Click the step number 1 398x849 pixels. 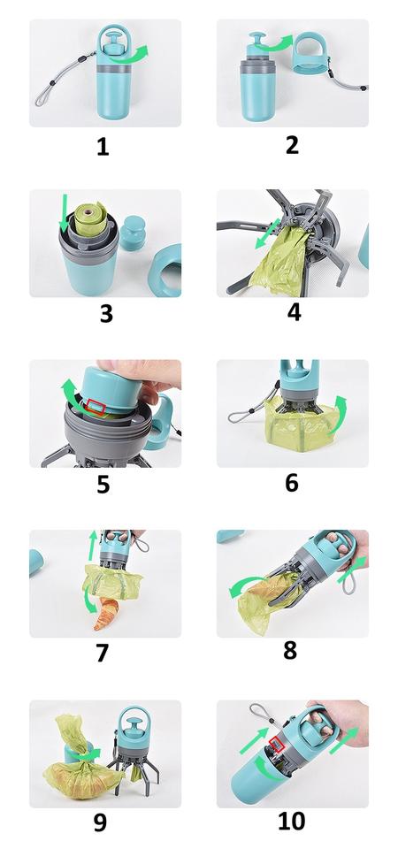(x=103, y=146)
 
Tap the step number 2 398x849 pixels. (x=292, y=145)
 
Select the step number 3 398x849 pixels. (x=106, y=314)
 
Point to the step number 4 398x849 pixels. (x=294, y=312)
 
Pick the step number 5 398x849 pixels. (x=103, y=484)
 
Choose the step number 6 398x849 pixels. (x=292, y=483)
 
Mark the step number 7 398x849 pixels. (x=103, y=653)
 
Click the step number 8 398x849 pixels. (x=290, y=652)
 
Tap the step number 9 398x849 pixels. (x=100, y=822)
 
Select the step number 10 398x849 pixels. (x=291, y=821)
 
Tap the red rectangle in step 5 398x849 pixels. (x=96, y=407)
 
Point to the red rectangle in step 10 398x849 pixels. (x=276, y=745)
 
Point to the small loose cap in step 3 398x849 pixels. (x=132, y=233)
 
